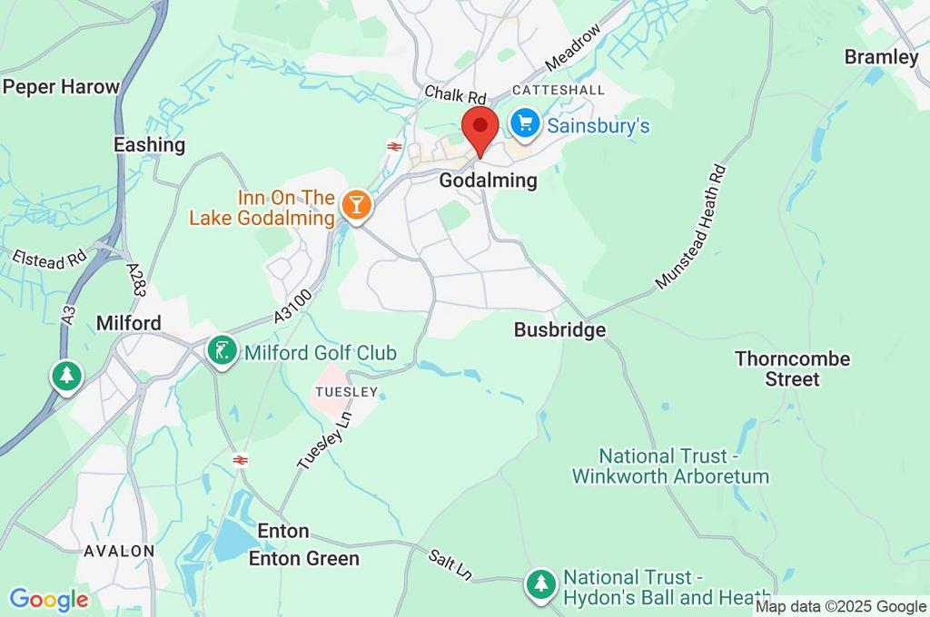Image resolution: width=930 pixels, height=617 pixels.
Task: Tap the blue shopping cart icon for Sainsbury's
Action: click(x=524, y=124)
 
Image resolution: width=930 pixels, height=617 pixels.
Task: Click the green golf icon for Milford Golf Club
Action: click(x=223, y=351)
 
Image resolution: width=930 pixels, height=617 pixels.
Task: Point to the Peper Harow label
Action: click(x=62, y=87)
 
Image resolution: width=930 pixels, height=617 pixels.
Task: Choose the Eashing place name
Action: click(x=149, y=144)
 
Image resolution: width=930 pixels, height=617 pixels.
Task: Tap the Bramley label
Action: click(x=881, y=57)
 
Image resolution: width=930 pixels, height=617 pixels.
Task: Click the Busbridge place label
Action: click(x=559, y=330)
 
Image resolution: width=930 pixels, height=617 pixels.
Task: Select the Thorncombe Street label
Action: click(x=792, y=368)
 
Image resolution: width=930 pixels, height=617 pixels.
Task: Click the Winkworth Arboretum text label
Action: click(x=670, y=466)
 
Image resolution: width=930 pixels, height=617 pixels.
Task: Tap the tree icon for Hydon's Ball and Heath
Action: click(x=542, y=585)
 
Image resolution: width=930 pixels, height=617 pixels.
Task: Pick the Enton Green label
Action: click(x=304, y=558)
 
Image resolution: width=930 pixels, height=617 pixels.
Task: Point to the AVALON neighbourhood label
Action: click(x=119, y=551)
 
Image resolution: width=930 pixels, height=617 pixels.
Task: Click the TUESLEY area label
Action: click(x=344, y=392)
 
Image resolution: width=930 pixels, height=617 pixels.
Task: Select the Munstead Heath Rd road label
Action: click(x=691, y=227)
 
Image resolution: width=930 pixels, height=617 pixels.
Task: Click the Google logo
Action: click(x=49, y=600)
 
